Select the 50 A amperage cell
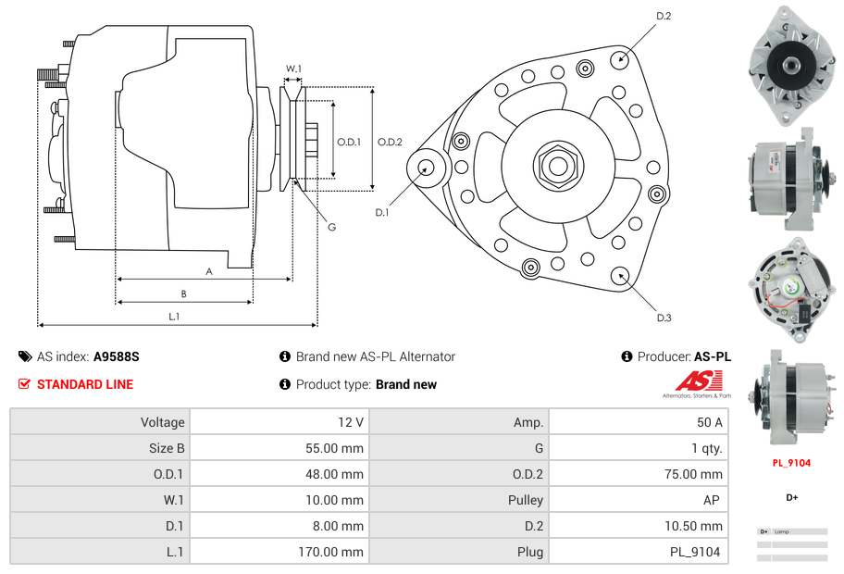pos(710,422)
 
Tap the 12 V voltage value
pos(351,422)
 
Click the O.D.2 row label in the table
pos(526,474)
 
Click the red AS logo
pos(692,381)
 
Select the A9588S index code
pos(116,356)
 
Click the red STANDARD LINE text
pos(85,384)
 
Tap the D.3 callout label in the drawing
pos(664,318)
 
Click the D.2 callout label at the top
pos(664,16)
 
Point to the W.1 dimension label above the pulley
pos(292,69)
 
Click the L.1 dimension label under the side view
pos(173,317)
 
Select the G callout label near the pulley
pos(331,228)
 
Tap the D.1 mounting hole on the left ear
pos(427,168)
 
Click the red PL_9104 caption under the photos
pos(792,462)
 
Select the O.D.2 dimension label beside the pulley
pos(390,142)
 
